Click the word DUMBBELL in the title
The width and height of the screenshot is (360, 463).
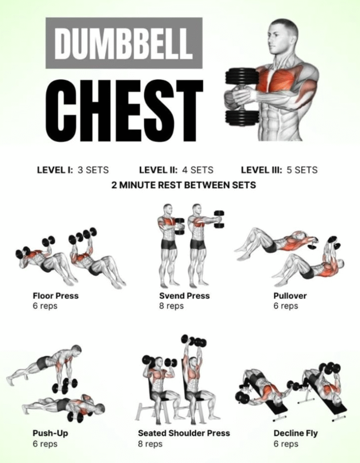[124, 43]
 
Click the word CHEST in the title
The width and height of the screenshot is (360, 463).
[124, 110]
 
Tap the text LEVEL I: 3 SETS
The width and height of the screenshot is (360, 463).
[73, 170]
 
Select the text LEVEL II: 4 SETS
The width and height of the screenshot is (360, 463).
[176, 170]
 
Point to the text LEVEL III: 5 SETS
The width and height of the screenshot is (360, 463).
[279, 170]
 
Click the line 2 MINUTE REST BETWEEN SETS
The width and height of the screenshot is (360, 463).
[183, 185]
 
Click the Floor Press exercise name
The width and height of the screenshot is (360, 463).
[56, 296]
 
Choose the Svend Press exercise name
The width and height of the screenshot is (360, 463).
[184, 296]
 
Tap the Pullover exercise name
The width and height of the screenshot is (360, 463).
[290, 296]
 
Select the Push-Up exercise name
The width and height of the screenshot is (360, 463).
[51, 433]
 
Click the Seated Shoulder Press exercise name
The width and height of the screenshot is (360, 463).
[184, 433]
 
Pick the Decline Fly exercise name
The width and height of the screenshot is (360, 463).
[296, 434]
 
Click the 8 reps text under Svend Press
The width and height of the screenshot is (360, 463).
[172, 306]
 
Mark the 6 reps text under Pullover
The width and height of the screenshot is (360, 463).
[285, 306]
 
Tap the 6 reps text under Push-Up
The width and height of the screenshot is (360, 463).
[45, 444]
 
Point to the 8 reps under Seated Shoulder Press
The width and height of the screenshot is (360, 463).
[150, 444]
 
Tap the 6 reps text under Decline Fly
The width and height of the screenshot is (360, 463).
[285, 444]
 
